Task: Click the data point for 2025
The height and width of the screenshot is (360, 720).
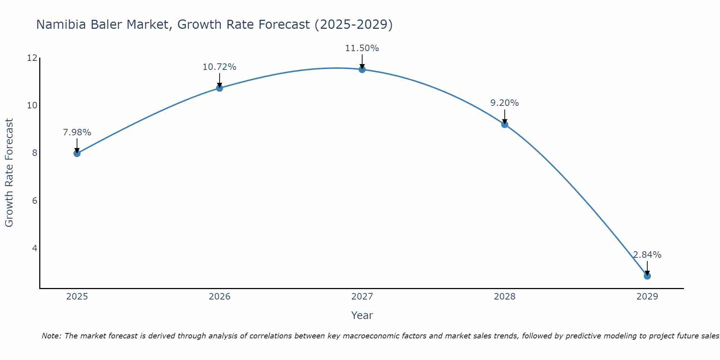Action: point(77,153)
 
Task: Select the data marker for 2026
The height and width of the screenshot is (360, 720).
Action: point(220,88)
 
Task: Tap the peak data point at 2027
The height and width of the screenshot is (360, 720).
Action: point(362,69)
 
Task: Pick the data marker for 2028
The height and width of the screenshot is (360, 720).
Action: point(505,125)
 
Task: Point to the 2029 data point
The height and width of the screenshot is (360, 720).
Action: point(647,276)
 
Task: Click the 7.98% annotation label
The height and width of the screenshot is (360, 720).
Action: point(77,132)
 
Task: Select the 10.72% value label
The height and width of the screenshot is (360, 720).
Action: point(220,67)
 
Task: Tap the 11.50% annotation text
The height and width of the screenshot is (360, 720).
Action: point(362,48)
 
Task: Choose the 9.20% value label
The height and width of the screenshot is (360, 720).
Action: point(505,103)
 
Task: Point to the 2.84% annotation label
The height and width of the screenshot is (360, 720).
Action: point(647,255)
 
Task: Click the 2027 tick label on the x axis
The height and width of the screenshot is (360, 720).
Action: point(362,297)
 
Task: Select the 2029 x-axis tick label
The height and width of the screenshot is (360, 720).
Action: point(647,297)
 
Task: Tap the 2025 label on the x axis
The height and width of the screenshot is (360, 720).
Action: point(77,297)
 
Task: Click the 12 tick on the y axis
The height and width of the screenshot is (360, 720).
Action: point(32,58)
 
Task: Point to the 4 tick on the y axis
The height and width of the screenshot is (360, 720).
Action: point(35,248)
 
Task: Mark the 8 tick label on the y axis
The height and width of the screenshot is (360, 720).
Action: point(35,153)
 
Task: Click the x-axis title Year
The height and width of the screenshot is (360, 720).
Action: point(362,315)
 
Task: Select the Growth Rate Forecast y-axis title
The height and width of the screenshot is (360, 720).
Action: point(9,173)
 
